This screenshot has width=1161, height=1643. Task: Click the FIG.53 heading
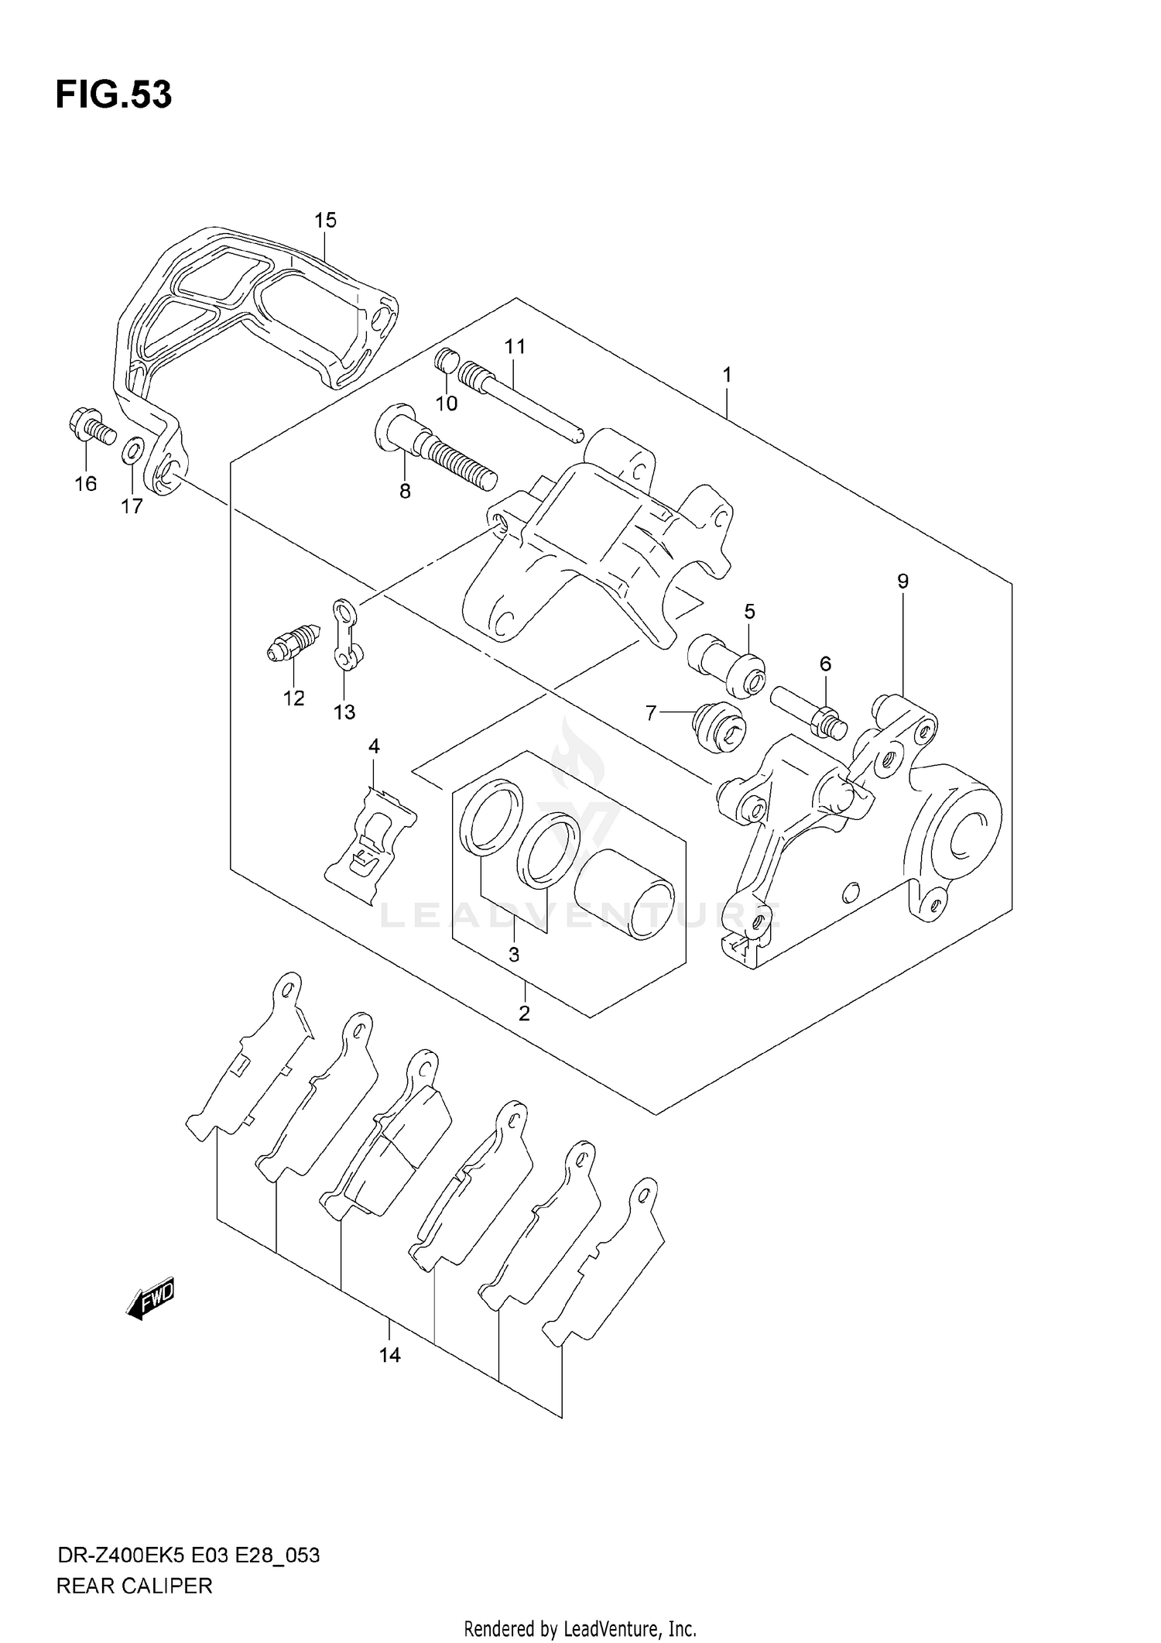[x=114, y=94]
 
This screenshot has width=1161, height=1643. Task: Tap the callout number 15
[x=325, y=221]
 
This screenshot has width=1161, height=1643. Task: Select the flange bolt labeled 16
[x=91, y=428]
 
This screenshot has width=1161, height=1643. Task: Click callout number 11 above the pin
[x=515, y=347]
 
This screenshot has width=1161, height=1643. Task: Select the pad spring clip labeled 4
[x=370, y=844]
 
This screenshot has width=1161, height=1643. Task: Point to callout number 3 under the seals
[x=514, y=955]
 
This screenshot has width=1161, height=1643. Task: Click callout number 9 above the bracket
[x=902, y=581]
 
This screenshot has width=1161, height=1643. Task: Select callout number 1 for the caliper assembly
[x=727, y=375]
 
